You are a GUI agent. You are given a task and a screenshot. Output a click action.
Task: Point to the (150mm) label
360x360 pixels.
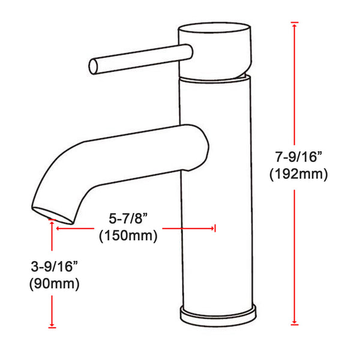(x=127, y=236)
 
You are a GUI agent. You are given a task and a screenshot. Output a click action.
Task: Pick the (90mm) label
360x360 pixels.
(x=54, y=283)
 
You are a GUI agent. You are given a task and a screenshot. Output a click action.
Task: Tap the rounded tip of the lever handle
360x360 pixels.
(x=93, y=67)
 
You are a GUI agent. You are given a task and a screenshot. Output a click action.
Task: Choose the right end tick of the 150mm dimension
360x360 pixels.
(x=215, y=228)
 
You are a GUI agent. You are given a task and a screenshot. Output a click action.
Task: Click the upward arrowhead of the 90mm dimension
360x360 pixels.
(x=52, y=229)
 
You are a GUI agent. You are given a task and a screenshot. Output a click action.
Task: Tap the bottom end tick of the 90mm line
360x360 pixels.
(x=52, y=326)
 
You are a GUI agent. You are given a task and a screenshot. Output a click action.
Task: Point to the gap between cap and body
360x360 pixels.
(x=214, y=77)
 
